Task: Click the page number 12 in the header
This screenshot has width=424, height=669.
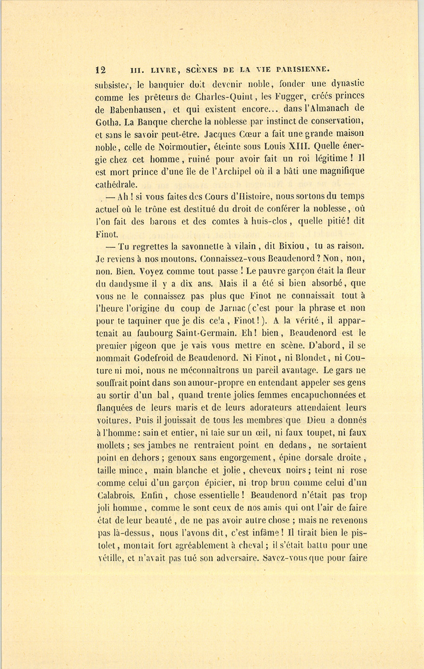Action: [100, 70]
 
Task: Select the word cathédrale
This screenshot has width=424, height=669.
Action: [116, 183]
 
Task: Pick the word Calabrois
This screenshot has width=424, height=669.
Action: [116, 495]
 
